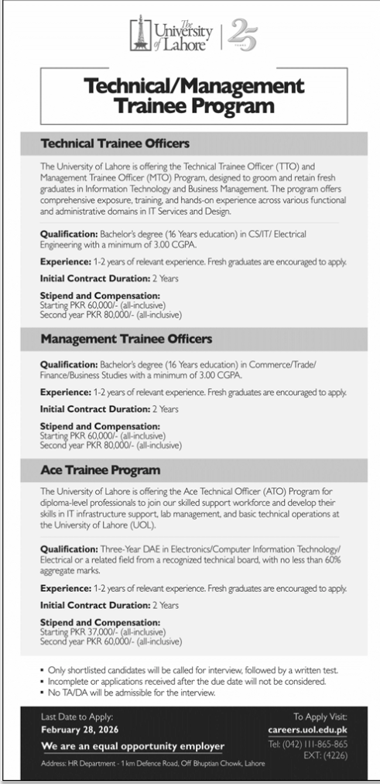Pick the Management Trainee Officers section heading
(125, 339)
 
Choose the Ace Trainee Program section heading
(100, 470)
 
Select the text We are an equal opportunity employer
(132, 747)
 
